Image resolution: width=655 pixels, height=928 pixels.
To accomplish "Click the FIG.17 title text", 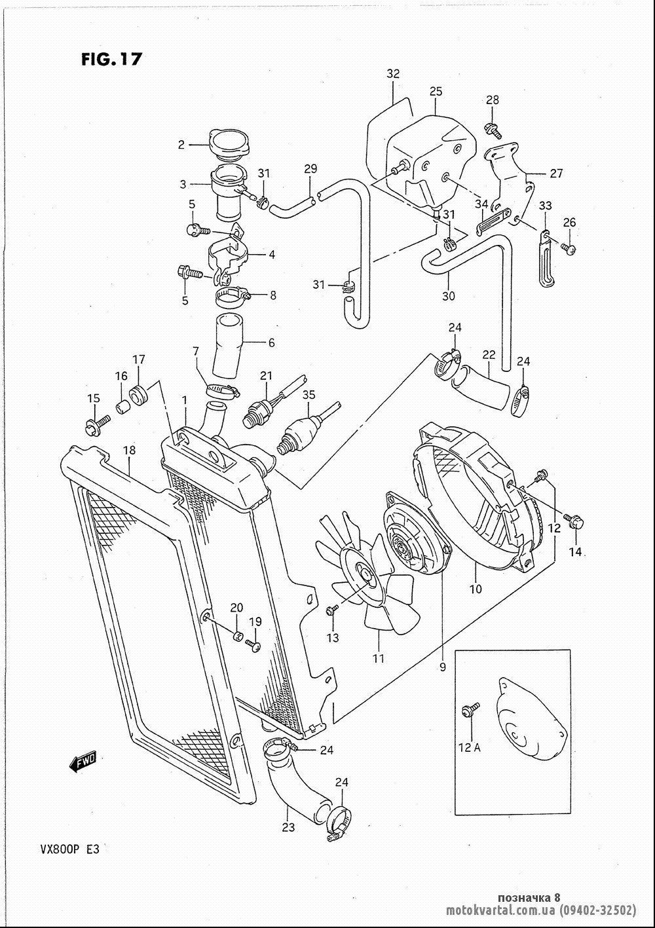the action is tap(111, 59).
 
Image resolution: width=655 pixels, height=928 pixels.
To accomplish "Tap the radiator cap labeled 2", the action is tap(229, 144).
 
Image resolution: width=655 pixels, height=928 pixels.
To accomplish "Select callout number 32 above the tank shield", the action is tap(393, 74).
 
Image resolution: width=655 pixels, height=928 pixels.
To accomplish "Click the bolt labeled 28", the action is tap(493, 130).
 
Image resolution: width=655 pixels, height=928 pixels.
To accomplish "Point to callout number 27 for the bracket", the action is tap(556, 173).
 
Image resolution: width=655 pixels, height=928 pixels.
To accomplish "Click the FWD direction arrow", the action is tap(83, 760).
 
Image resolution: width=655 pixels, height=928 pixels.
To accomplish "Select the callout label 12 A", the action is tap(470, 747).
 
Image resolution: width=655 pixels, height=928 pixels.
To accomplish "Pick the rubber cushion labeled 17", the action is tap(139, 393).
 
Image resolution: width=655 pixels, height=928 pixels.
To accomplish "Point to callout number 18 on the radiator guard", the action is tap(129, 451).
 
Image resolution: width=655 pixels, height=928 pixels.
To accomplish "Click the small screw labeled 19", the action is tap(253, 645).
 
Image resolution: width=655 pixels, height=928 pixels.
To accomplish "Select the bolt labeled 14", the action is tap(574, 521).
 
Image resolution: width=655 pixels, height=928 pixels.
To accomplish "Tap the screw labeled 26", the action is tap(569, 248).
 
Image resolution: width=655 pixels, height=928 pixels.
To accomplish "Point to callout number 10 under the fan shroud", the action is tap(476, 589).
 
